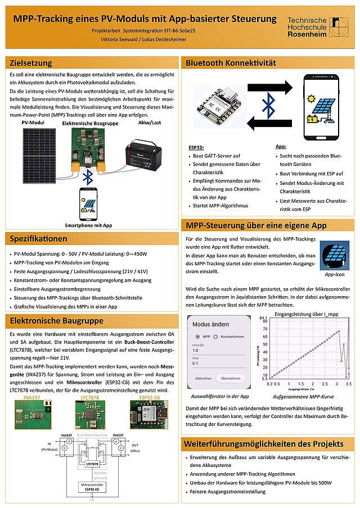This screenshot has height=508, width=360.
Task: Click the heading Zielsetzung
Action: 31,62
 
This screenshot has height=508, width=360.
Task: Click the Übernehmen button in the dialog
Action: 231,378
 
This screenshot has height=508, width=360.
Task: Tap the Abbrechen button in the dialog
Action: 203,378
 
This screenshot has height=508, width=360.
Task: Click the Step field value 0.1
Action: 196,364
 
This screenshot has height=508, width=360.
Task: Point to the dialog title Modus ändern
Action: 211,324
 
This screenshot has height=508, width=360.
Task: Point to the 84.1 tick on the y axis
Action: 263,319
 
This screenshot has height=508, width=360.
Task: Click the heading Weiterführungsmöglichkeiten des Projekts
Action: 264,444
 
